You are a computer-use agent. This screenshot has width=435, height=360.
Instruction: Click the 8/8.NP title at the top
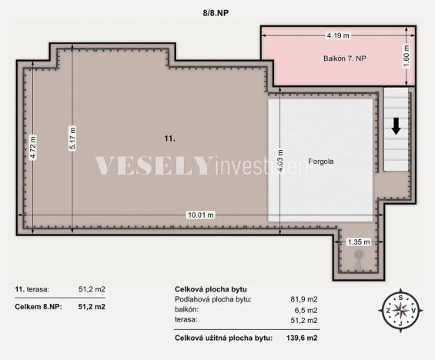point(217,12)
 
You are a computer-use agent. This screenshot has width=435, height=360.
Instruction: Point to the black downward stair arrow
point(397,125)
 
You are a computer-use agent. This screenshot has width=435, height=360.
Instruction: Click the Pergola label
point(320,162)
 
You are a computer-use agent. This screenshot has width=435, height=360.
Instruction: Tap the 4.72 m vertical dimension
point(33,147)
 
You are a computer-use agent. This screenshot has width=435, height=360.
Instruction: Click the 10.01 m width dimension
point(199,215)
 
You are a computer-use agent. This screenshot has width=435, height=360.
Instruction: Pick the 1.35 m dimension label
point(358,242)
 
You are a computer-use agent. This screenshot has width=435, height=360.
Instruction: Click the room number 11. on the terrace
point(169,138)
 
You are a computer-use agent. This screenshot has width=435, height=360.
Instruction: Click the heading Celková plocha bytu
point(211,289)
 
